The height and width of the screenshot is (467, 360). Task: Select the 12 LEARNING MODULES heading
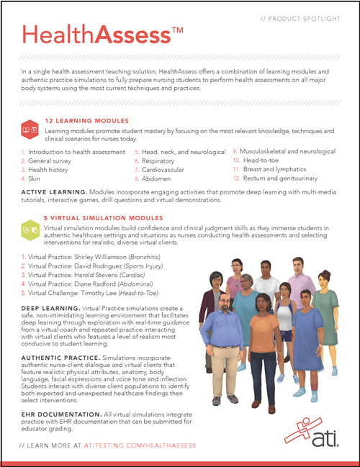[87, 121]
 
